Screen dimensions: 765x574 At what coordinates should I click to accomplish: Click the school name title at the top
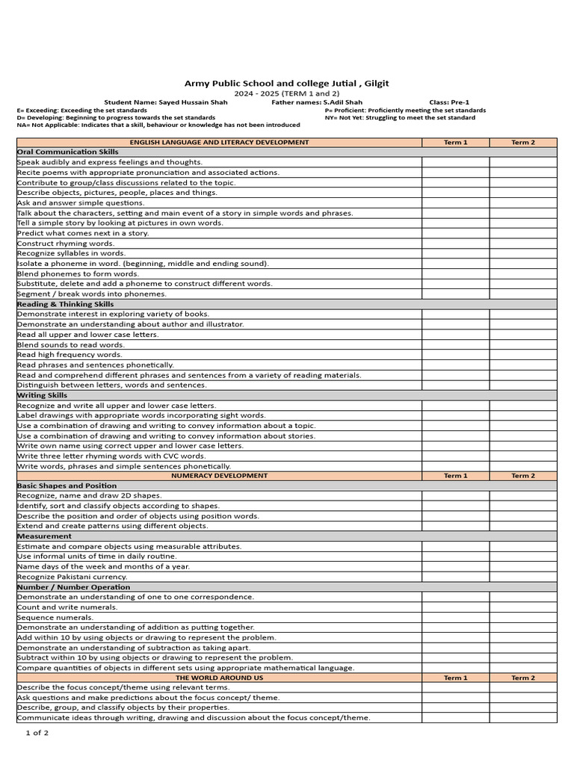287,83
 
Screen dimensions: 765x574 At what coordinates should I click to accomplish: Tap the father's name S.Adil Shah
317,102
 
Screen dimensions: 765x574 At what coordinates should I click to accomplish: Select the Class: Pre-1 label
449,102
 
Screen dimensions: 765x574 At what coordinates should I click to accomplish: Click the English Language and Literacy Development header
219,142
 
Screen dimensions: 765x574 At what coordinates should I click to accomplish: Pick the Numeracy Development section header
219,476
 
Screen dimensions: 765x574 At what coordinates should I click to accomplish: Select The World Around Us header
219,678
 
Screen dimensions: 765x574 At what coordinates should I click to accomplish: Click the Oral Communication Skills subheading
68,152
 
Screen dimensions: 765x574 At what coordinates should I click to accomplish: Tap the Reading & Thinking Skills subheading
66,304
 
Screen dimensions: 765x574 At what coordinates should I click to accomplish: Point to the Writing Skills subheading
42,395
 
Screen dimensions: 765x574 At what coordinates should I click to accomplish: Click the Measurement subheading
44,536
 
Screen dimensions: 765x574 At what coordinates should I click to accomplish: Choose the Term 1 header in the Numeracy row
455,476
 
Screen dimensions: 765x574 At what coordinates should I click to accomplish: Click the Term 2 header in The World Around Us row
523,678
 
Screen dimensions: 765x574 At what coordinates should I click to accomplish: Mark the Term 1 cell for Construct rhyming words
455,244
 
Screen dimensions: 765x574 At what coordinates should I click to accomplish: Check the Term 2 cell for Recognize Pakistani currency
523,577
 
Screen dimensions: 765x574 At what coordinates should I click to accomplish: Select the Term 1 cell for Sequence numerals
455,617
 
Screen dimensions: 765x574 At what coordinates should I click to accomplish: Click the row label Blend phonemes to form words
78,273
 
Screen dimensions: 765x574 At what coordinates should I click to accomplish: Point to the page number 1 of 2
37,733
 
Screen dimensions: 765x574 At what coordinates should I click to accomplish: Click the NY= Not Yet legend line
400,117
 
